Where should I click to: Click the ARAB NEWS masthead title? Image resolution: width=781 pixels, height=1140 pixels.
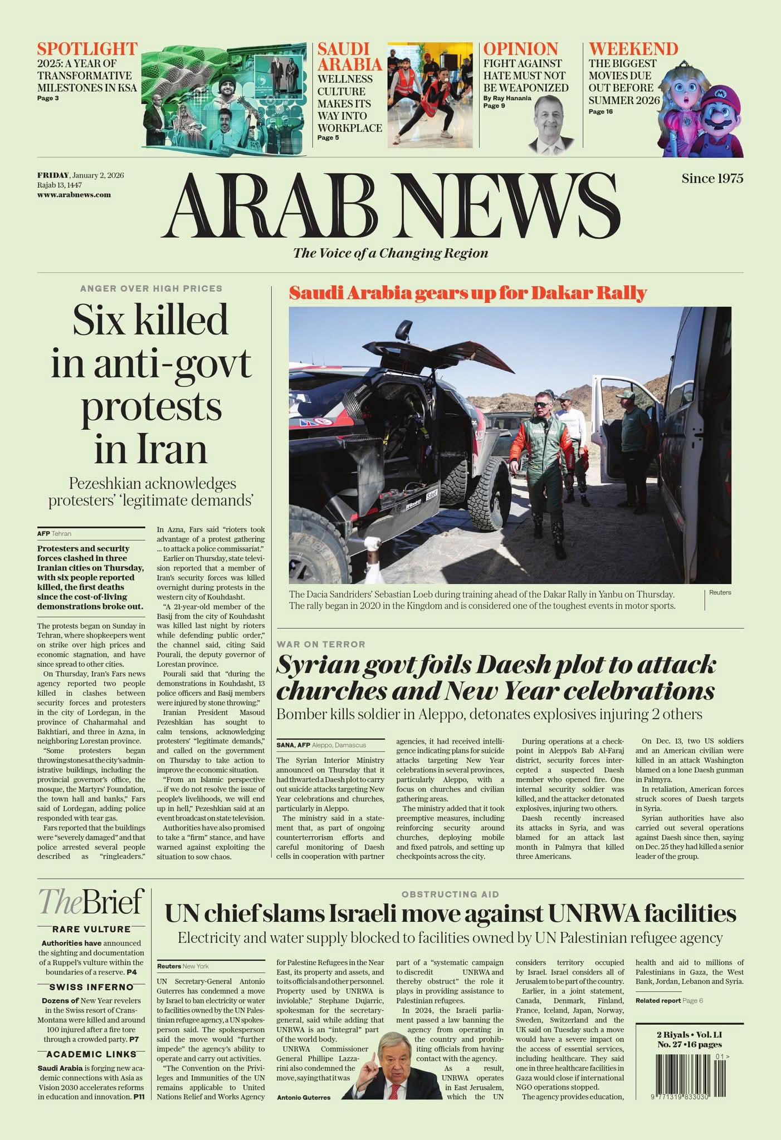(x=391, y=205)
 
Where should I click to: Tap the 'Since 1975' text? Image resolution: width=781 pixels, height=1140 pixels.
(x=712, y=178)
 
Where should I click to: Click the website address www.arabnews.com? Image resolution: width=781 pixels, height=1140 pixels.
(x=74, y=195)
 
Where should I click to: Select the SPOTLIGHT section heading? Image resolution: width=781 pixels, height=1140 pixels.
(x=87, y=49)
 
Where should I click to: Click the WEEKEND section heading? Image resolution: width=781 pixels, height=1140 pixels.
(x=633, y=49)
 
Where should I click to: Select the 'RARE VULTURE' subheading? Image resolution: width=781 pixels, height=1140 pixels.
(x=91, y=929)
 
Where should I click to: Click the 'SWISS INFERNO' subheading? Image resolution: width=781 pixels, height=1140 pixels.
(x=91, y=987)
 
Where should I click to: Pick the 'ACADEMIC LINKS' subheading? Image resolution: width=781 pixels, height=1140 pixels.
(x=91, y=1054)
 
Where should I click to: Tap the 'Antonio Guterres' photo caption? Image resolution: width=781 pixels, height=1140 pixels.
(x=304, y=1098)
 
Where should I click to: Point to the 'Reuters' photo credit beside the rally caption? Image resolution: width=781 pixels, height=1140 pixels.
(x=720, y=592)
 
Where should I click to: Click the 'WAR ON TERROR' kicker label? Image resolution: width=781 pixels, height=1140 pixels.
(x=321, y=644)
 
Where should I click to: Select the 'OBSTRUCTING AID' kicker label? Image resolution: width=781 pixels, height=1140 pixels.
(x=450, y=895)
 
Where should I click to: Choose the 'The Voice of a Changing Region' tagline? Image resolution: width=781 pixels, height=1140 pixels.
(x=390, y=253)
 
